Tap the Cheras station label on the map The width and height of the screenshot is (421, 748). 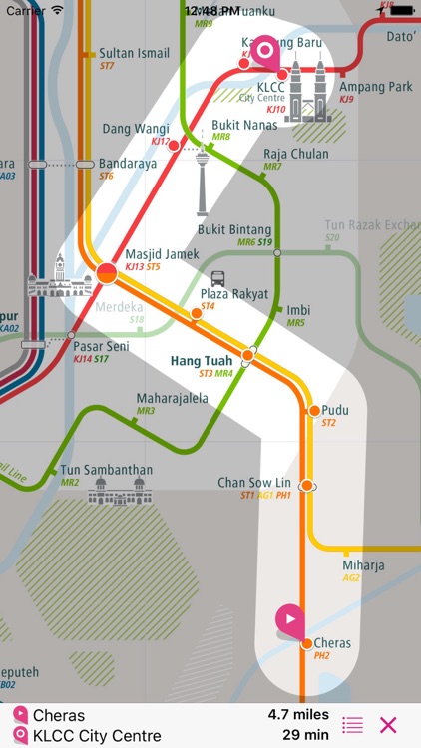click(x=332, y=643)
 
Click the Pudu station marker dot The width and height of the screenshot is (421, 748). click(x=314, y=410)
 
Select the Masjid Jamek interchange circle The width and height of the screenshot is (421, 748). click(x=107, y=271)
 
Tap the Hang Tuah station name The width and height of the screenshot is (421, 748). click(x=202, y=360)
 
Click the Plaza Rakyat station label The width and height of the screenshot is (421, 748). click(x=235, y=294)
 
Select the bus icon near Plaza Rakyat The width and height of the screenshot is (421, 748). click(x=217, y=278)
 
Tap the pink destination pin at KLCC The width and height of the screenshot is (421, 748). click(x=265, y=52)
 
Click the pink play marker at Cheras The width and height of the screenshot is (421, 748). click(x=289, y=619)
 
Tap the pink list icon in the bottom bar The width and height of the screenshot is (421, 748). click(x=352, y=725)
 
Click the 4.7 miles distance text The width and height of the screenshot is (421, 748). click(x=298, y=715)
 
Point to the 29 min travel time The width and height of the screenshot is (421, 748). click(x=307, y=736)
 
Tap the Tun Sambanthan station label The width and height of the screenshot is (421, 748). click(x=107, y=469)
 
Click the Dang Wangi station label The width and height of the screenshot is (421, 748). click(x=136, y=129)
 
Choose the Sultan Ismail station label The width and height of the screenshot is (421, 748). click(x=134, y=53)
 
